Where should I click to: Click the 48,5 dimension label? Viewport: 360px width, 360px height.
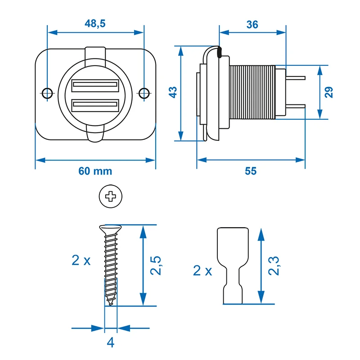pyautogui.click(x=95, y=24)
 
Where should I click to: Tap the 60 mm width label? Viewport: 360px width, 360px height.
pyautogui.click(x=95, y=171)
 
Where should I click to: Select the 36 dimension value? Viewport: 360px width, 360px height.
pyautogui.click(x=252, y=24)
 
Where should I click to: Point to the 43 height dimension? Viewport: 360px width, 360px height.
pyautogui.click(x=173, y=92)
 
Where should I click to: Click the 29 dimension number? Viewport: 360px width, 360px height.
pyautogui.click(x=329, y=92)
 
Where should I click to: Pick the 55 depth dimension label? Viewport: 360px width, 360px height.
pyautogui.click(x=251, y=171)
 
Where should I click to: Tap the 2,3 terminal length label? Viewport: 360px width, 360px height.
pyautogui.click(x=273, y=265)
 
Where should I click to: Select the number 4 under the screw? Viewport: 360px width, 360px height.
pyautogui.click(x=110, y=342)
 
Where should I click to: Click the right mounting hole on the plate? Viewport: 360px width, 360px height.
pyautogui.click(x=144, y=93)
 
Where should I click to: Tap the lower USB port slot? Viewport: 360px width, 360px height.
pyautogui.click(x=94, y=106)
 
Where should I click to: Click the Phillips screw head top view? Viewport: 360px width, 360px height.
pyautogui.click(x=111, y=196)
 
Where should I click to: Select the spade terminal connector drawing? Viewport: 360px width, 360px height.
pyautogui.click(x=233, y=265)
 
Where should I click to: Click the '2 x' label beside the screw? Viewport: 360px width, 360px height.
pyautogui.click(x=81, y=260)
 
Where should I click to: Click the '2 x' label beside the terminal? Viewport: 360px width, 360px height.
pyautogui.click(x=202, y=270)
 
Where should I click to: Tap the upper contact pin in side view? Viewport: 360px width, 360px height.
pyautogui.click(x=295, y=78)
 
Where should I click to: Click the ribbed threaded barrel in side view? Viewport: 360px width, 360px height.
pyautogui.click(x=252, y=92)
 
